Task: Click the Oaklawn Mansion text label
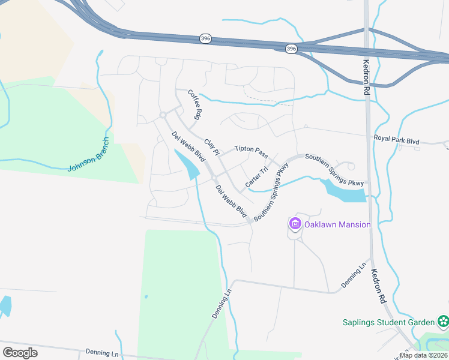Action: click(x=337, y=224)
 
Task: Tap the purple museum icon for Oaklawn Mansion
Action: click(x=295, y=224)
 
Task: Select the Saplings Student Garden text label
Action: click(x=389, y=322)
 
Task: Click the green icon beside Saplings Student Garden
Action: click(x=444, y=322)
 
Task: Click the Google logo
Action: click(x=20, y=353)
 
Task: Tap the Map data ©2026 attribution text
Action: click(x=424, y=355)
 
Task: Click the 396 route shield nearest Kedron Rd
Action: click(x=291, y=49)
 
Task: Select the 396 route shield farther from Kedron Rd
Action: click(x=205, y=38)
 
